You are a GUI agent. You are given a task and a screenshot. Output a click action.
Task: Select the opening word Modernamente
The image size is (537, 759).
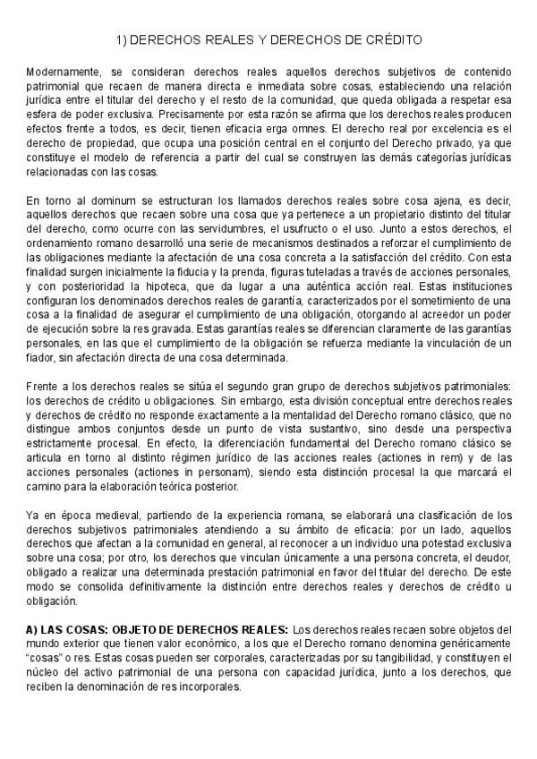click(x=62, y=72)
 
